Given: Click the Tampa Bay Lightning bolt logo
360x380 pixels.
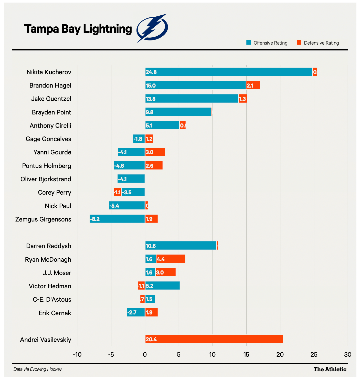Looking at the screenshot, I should (x=152, y=28).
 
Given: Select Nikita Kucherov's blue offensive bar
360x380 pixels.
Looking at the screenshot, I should (x=228, y=72).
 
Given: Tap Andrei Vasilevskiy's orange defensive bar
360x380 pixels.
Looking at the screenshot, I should (x=214, y=339).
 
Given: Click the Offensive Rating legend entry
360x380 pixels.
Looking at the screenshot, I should (x=267, y=43).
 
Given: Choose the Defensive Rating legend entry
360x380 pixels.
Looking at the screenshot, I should (x=318, y=43).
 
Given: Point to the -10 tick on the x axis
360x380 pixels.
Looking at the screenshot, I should (x=77, y=355).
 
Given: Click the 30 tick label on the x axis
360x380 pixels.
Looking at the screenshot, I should (x=347, y=355).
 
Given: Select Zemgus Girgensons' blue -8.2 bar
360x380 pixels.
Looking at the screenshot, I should (x=117, y=219).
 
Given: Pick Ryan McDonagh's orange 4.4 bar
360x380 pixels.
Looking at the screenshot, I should (x=171, y=259).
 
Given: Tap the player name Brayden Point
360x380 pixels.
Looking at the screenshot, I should (x=51, y=112).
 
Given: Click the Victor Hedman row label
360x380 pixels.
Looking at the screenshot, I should (x=50, y=286).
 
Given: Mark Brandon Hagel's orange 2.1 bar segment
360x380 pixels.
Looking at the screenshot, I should (x=253, y=85).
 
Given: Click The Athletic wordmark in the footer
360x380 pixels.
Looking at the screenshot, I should (x=330, y=369).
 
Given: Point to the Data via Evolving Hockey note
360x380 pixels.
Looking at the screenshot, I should (x=38, y=369).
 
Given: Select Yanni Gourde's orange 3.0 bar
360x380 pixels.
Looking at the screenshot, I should (x=155, y=152).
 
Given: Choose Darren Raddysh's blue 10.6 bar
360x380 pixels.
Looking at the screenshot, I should (x=181, y=246).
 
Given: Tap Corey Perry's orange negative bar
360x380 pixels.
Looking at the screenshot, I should (x=118, y=192).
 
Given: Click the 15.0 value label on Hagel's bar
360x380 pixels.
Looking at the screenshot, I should (x=151, y=86).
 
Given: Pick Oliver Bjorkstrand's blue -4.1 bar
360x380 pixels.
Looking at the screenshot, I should (x=131, y=179).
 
